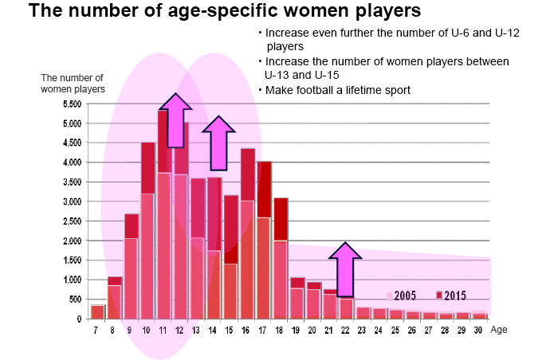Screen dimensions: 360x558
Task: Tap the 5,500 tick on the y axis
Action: [71, 104]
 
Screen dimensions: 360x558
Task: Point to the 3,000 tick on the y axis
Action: [71, 202]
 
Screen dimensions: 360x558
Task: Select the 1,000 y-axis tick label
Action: [71, 280]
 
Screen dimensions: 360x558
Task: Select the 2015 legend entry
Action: [452, 295]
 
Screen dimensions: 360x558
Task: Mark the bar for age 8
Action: [115, 299]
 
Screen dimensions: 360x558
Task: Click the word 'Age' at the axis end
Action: [499, 328]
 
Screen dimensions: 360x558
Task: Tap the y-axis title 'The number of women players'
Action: [72, 83]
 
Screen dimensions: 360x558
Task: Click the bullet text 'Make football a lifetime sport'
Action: [335, 90]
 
